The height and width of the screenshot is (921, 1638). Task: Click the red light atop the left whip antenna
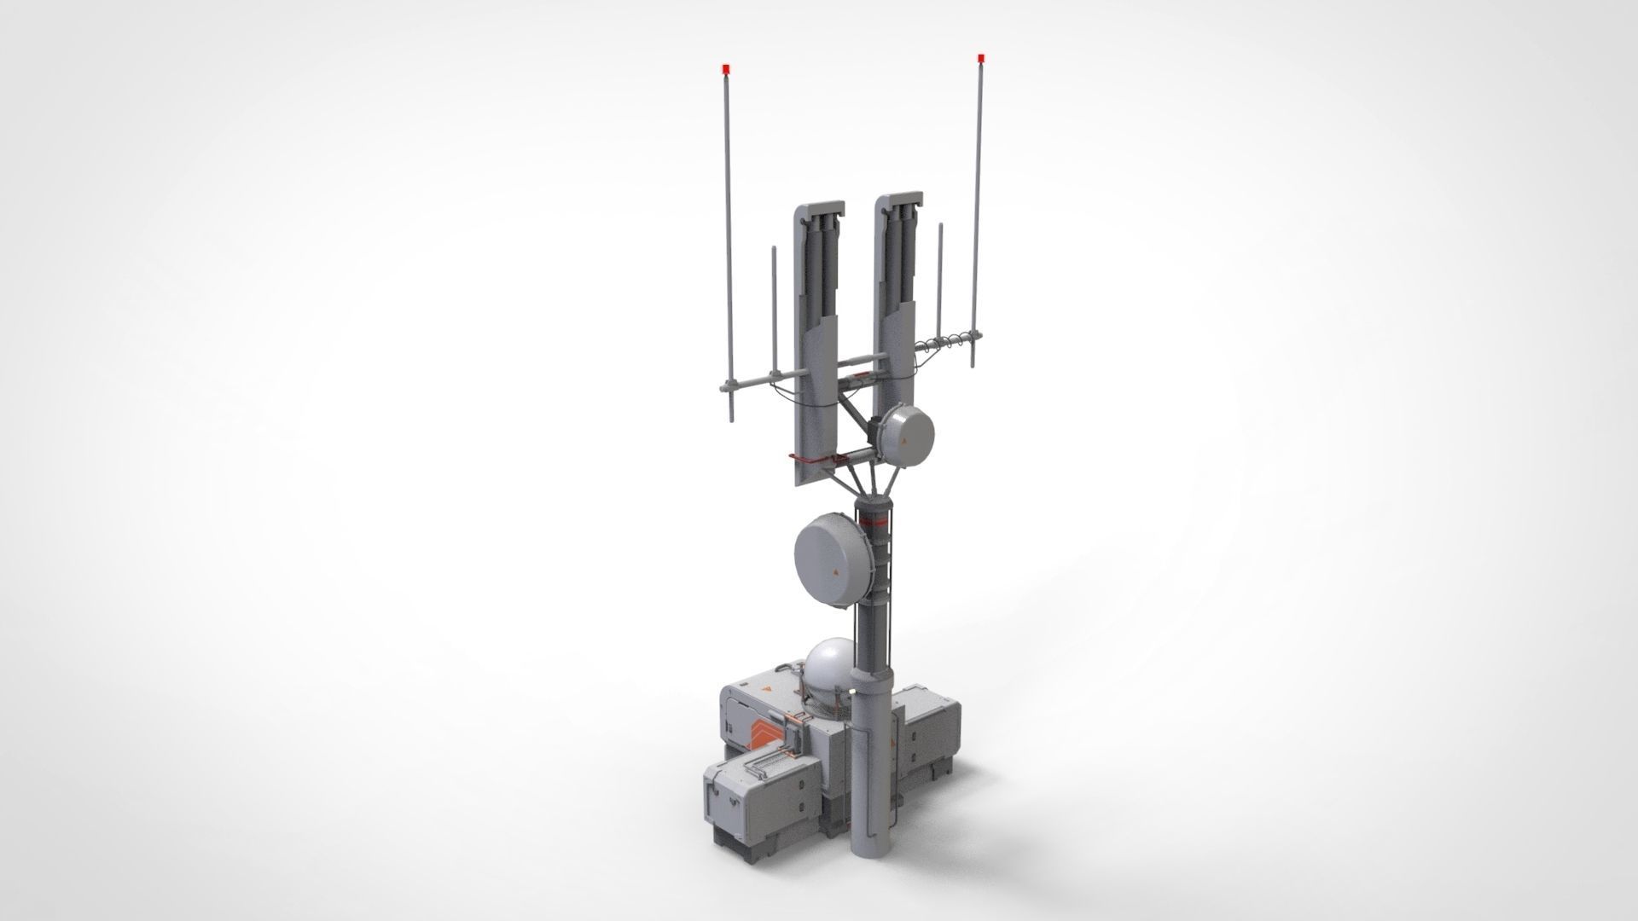click(x=725, y=67)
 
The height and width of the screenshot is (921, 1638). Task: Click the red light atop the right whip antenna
click(x=981, y=58)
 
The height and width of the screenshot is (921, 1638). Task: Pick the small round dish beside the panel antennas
click(x=904, y=433)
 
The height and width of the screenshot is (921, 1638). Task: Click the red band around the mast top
click(x=874, y=522)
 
